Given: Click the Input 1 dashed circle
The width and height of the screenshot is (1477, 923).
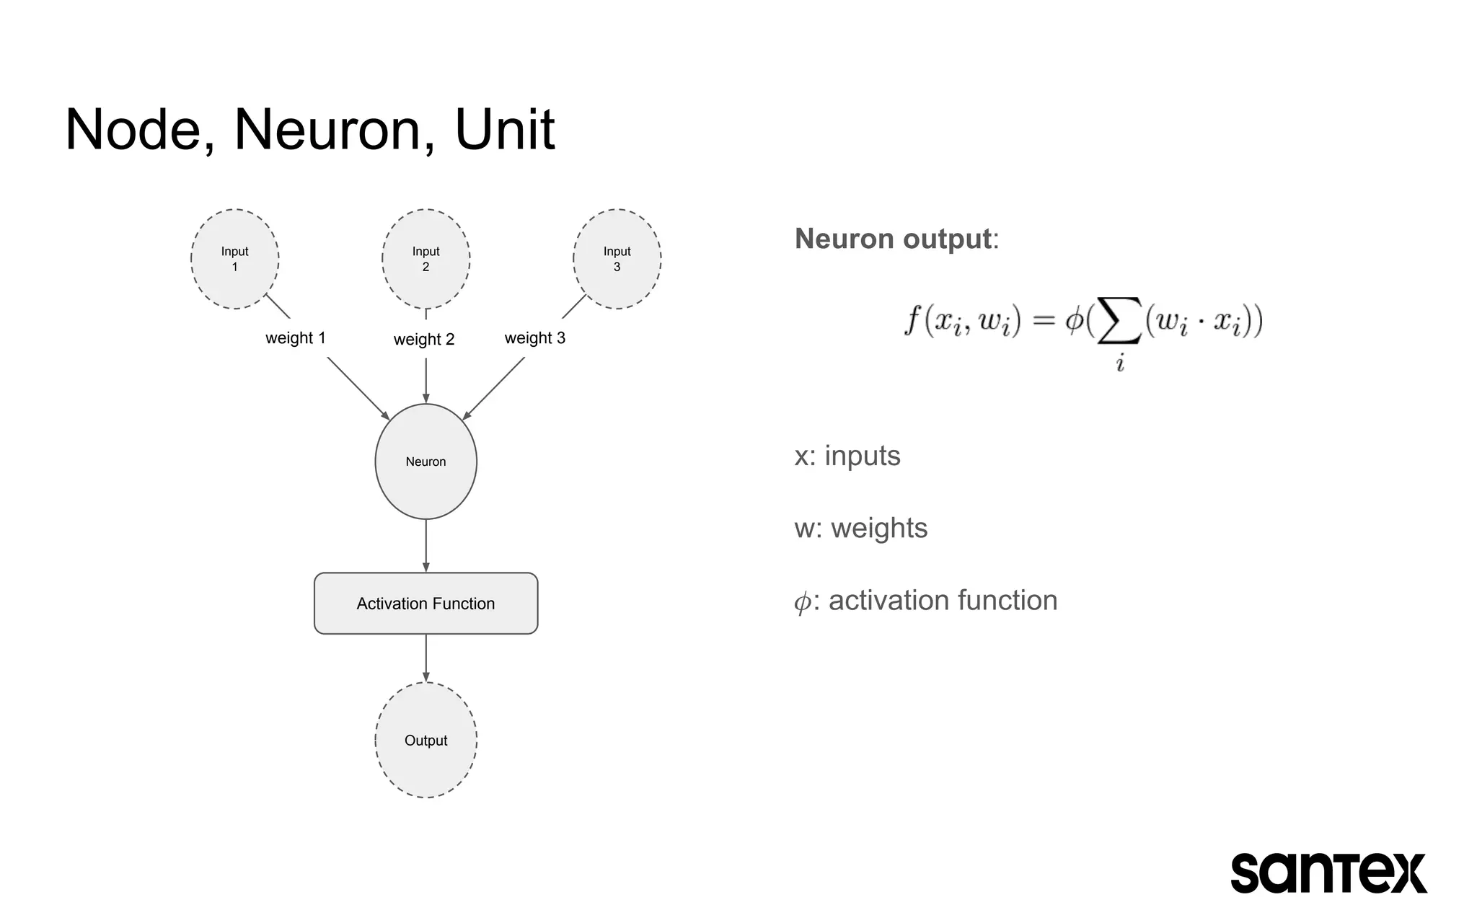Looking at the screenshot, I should [x=234, y=259].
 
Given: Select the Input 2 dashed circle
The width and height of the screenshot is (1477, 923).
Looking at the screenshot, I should [x=426, y=259].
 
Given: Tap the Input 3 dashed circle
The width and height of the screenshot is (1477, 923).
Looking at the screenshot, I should [x=617, y=259].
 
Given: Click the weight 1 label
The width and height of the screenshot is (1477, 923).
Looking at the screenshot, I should [x=296, y=337].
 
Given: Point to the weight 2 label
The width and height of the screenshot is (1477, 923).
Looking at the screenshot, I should [x=424, y=339].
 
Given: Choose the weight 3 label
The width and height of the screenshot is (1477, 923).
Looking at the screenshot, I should [x=534, y=337].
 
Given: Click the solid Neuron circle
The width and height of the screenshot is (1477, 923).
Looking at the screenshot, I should [x=426, y=461].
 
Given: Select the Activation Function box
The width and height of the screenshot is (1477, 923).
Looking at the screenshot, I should [x=426, y=604].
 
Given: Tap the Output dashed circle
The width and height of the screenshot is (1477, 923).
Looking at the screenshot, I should [x=426, y=741].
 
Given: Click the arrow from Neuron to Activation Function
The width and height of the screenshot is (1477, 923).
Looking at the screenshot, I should [x=426, y=545].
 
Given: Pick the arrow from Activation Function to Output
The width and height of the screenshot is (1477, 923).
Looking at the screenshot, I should [x=426, y=658].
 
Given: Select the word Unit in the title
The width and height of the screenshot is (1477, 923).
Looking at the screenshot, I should [x=504, y=130].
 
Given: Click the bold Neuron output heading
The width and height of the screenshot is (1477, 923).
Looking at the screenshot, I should [x=893, y=239].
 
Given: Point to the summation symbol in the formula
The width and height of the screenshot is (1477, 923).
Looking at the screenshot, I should [x=1119, y=322].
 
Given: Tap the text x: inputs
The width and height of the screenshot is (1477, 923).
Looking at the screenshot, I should [x=847, y=456].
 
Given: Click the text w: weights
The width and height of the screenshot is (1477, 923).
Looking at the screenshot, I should [x=860, y=528].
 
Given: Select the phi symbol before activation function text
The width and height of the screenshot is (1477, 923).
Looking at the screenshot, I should [x=802, y=601].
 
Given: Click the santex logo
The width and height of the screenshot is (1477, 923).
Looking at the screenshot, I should [x=1328, y=873].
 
